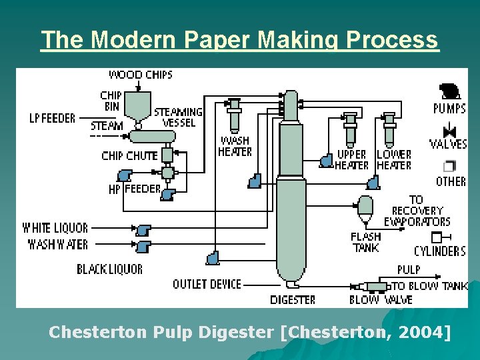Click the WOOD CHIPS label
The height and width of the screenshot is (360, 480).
140,74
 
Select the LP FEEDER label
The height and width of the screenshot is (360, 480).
53,118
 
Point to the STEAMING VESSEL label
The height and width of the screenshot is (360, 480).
178,117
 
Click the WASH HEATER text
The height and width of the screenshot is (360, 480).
235,146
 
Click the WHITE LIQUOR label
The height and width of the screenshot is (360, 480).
55,228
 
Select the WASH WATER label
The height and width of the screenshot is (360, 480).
57,244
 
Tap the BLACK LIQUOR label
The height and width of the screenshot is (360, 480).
109,269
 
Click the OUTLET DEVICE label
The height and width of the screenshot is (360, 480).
207,284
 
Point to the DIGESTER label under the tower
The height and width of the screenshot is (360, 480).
293,300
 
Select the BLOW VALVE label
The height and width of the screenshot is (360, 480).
381,300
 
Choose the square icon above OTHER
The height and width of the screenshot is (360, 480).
450,165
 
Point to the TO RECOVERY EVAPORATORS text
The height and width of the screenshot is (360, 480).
417,211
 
